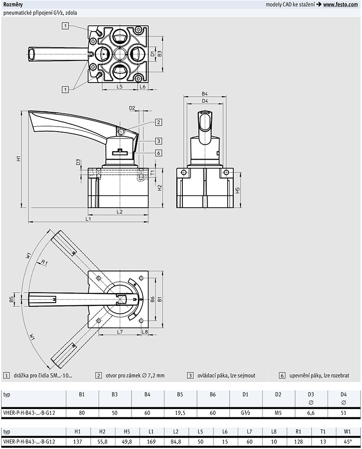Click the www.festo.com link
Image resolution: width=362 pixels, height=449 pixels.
pos(340,4)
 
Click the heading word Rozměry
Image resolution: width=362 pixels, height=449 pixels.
pos(13,4)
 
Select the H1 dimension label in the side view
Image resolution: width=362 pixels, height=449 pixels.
pos(19,158)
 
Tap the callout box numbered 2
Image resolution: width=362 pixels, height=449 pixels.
pos(159,122)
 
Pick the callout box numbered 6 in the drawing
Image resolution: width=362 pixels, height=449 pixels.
pos(159,153)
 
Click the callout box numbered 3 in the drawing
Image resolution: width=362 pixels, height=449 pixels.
pos(159,141)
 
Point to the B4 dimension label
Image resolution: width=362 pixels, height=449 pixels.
pos(205,94)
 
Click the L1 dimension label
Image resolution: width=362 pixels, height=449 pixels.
pos(88,219)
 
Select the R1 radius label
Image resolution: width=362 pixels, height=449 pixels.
pos(44,262)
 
